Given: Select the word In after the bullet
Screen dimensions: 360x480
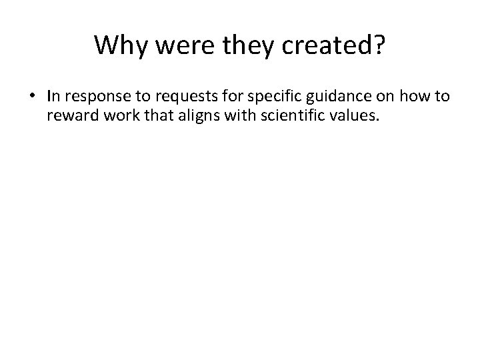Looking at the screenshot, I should click(x=53, y=97).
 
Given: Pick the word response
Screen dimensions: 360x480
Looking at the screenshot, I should click(x=91, y=99).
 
